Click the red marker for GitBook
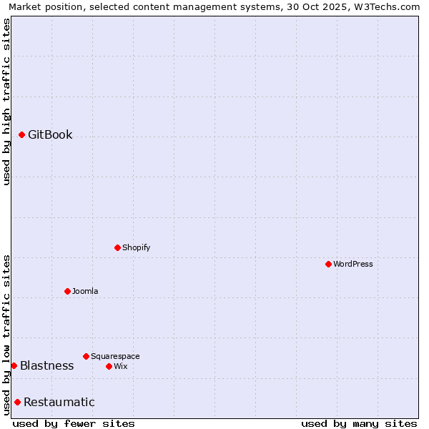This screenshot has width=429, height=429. pos(21,134)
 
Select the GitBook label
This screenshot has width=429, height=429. pos(50,135)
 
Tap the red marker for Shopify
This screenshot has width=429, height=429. pos(117,247)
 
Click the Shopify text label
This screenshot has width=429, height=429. pos(136,248)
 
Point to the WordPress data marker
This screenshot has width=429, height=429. pos(328,264)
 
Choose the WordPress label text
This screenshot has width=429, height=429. pos(352,265)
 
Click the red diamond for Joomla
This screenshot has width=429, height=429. pos(67,291)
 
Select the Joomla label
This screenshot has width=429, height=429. pos(85,292)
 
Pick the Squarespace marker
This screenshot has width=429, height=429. pos(86,356)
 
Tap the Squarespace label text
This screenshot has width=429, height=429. pos(115,357)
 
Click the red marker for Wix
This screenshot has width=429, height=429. pos(109,366)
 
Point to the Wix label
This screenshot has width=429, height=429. pos(120,367)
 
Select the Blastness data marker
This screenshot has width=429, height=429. pos(14,365)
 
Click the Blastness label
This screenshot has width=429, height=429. pos(46,366)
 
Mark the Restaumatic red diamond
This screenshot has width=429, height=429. pos(17,402)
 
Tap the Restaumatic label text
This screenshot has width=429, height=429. pos(59,403)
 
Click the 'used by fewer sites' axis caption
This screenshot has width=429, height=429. pos(74,424)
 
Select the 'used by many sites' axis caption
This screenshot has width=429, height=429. pos(359,424)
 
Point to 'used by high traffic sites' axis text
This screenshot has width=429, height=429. pos(6,102)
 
